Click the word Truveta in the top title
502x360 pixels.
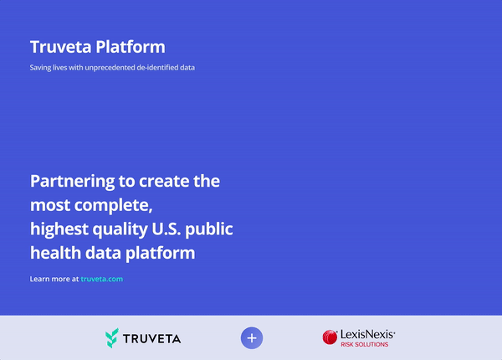pos(61,47)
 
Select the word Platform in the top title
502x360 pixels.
pos(131,47)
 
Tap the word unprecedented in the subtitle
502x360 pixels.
pos(110,68)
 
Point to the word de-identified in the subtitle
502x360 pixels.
pos(155,68)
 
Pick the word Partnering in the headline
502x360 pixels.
pos(72,182)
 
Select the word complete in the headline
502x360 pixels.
pos(113,206)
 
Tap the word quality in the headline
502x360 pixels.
pos(120,229)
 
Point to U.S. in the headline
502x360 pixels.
pos(166,229)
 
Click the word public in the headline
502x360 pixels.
pos(209,229)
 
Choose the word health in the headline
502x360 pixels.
pos(56,253)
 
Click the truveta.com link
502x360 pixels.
pos(102,279)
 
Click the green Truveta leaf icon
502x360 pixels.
pos(112,338)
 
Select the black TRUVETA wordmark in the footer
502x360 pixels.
pos(152,339)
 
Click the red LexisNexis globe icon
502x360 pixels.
pos(330,337)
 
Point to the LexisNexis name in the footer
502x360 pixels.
pos(367,335)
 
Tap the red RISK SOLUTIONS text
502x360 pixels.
pos(364,345)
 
